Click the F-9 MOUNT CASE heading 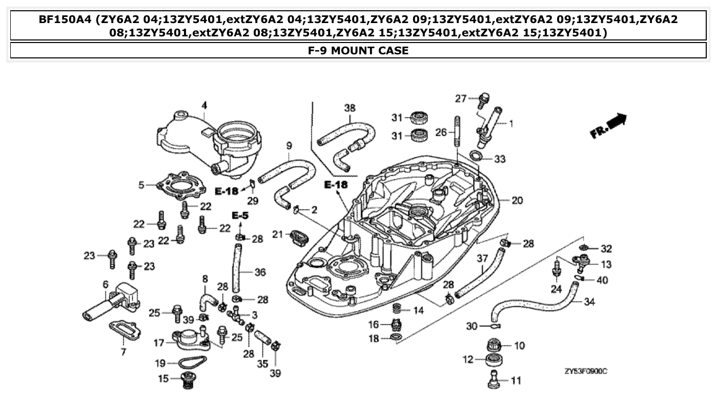tap(358, 50)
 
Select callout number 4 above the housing tap(204, 106)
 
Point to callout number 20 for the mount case tap(517, 200)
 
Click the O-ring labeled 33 tap(476, 156)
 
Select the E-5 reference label tap(240, 216)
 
